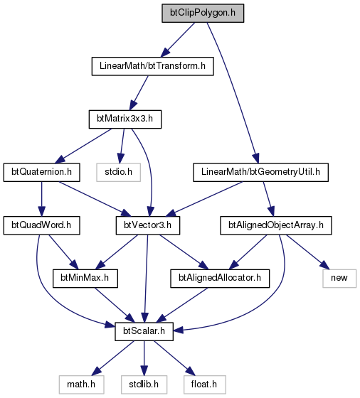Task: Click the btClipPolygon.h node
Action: [203, 13]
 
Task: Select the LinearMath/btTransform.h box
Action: [152, 66]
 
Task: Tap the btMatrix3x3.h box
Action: [125, 119]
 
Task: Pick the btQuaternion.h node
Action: [42, 172]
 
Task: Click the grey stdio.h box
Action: [118, 172]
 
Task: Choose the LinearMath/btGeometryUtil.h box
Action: [260, 172]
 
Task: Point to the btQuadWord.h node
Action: [42, 225]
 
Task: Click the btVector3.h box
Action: [148, 225]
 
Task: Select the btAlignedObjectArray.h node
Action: [276, 225]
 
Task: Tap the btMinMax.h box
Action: [85, 279]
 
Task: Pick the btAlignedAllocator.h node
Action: [220, 279]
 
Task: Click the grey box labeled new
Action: [339, 279]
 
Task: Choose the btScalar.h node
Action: [144, 331]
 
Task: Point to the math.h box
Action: [81, 384]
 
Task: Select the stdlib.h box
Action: [144, 384]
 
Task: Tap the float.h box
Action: [204, 384]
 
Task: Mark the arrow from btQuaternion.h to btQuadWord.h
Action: [42, 199]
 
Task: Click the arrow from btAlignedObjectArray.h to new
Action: [307, 252]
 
